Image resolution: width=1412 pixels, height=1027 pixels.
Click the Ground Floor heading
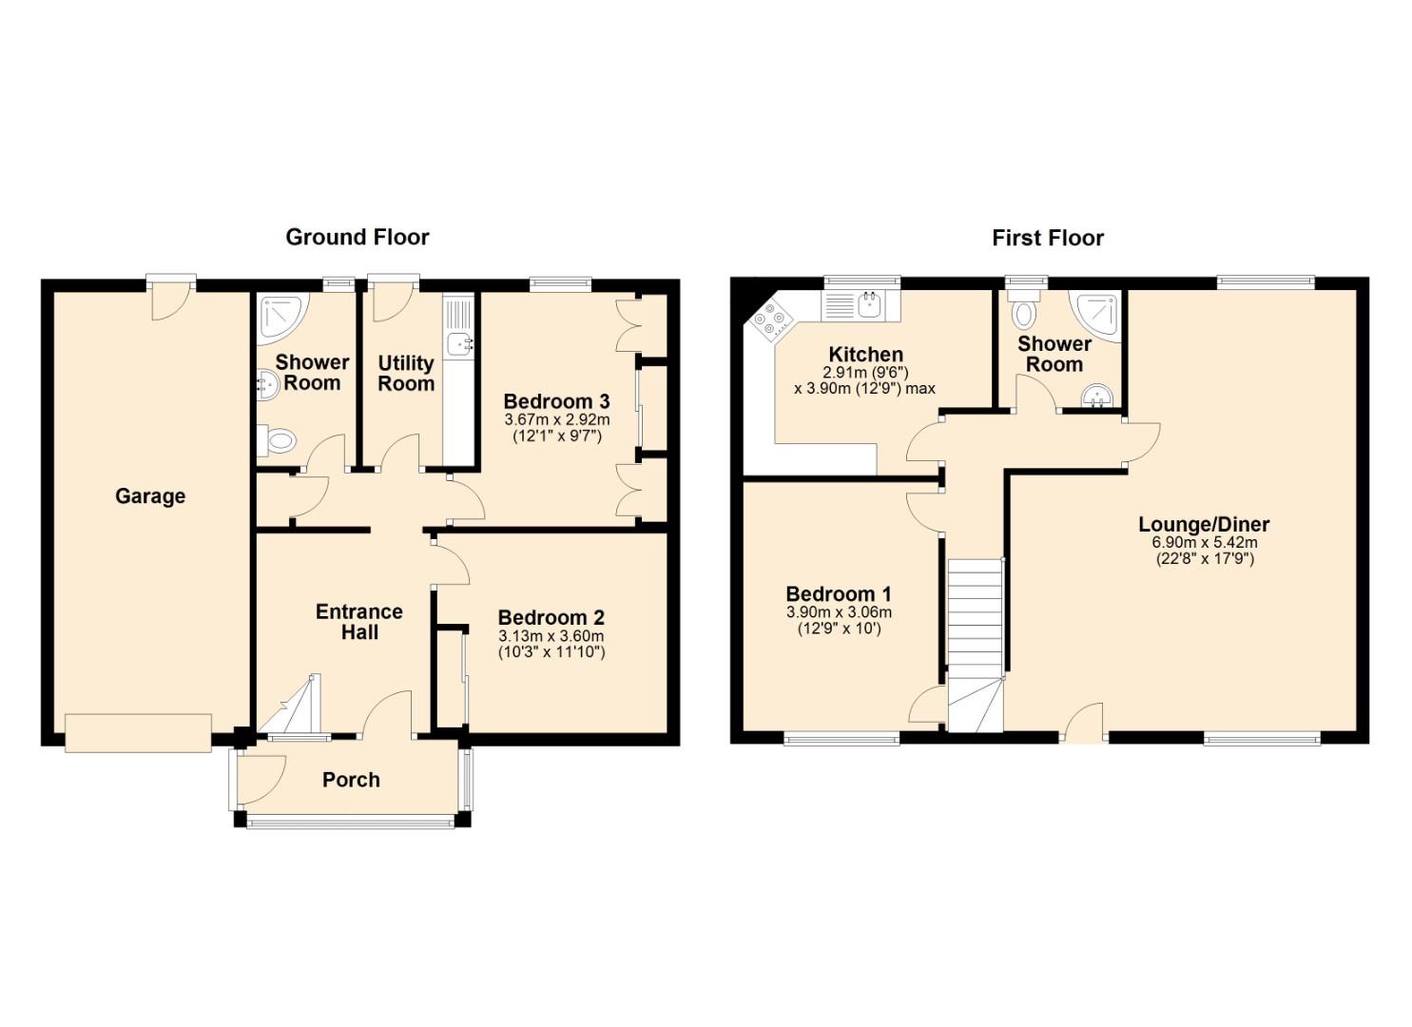357,238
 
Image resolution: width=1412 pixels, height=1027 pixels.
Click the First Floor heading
1048,239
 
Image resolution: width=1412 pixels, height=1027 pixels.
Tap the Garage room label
150,496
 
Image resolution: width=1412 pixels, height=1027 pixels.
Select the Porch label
351,780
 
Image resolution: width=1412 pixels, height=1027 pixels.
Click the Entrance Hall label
359,622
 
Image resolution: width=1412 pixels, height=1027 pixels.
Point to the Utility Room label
406,373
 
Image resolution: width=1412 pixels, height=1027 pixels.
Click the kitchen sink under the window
861,306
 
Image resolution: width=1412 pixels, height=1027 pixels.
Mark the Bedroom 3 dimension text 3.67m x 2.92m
556,419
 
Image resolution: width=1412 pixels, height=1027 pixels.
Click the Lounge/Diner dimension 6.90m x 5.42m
1205,542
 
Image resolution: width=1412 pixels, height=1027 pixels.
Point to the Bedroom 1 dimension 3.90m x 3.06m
839,612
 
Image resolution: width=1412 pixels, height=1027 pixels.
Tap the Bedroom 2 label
551,617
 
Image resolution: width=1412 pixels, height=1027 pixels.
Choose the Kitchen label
865,355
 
